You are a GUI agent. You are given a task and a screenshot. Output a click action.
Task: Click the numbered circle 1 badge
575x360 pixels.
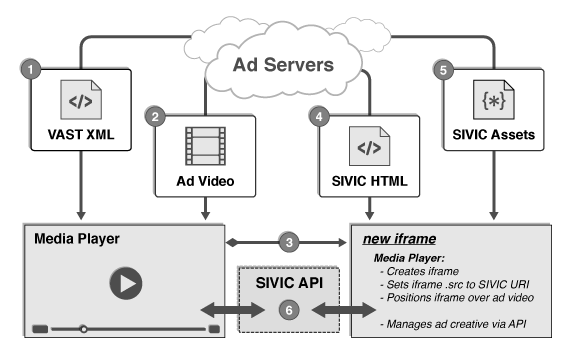[x=32, y=72]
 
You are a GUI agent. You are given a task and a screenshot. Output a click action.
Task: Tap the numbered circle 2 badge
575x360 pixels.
[x=156, y=117]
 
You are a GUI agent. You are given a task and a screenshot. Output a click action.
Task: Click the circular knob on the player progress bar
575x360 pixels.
[x=84, y=328]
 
